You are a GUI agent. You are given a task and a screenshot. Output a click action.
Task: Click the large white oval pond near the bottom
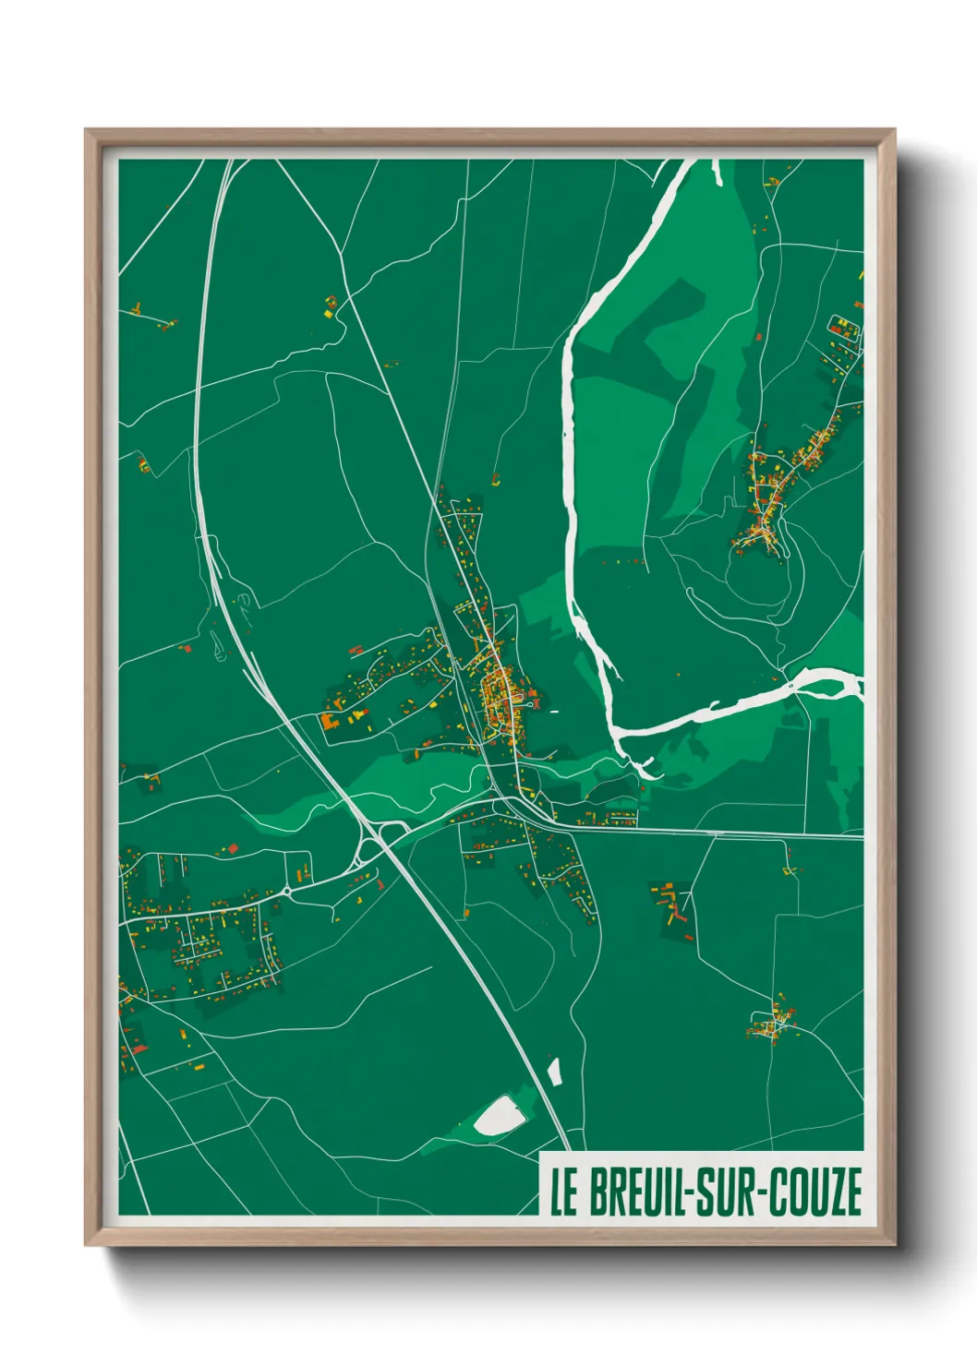coord(500,1116)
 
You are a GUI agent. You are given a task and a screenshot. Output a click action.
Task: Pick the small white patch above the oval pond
coord(554,1071)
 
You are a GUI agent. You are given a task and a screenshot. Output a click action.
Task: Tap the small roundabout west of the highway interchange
coord(288,891)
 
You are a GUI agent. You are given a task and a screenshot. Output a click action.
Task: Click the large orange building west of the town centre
coord(332,721)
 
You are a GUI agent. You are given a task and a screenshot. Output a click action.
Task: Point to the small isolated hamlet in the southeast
coord(772,1023)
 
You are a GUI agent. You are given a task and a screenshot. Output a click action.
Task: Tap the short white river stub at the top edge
coord(716,171)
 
